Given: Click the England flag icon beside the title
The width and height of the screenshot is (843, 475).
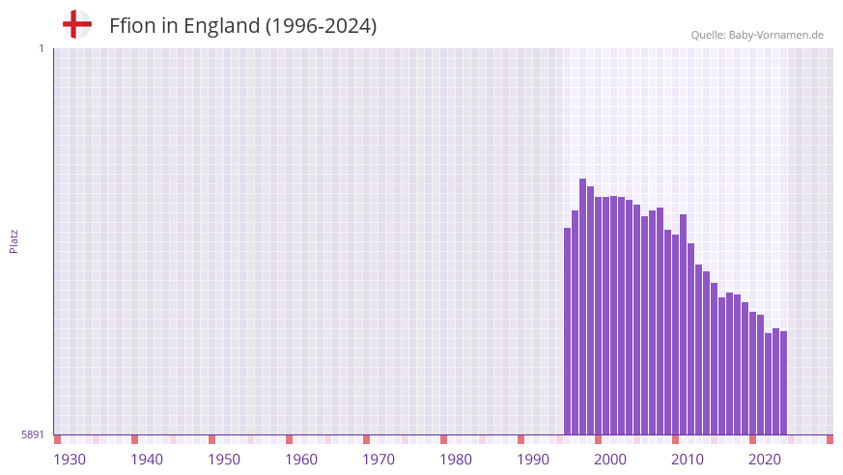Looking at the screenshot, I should click(77, 25).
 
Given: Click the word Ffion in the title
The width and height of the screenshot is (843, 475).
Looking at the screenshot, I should click(132, 26).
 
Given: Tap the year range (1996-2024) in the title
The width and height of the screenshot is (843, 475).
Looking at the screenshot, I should click(321, 26).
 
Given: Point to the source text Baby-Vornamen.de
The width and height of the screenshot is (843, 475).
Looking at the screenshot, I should click(775, 35).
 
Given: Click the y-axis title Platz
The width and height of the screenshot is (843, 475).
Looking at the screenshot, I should click(14, 241).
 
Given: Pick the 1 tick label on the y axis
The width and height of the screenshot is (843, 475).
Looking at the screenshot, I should click(41, 48).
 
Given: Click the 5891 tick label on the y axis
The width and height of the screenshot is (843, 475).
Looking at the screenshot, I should click(32, 434).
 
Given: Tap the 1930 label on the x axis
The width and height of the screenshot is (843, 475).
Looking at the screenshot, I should click(70, 459).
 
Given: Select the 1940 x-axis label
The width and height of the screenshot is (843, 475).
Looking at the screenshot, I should click(147, 459).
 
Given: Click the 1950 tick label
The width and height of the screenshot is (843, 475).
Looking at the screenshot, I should click(224, 459).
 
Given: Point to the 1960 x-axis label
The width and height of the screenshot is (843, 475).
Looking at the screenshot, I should click(301, 459).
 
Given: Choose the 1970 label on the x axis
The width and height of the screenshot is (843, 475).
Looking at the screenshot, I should click(379, 459).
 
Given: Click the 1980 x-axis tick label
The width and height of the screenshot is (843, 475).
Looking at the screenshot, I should click(456, 459).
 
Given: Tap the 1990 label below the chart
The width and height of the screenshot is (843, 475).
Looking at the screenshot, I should click(533, 459).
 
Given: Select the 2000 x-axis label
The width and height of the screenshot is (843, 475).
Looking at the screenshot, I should click(610, 459).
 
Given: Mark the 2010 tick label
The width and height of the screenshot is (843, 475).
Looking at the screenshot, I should click(688, 459).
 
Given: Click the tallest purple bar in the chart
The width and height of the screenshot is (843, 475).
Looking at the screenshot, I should click(583, 307).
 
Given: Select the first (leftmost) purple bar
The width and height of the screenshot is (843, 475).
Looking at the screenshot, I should click(568, 331).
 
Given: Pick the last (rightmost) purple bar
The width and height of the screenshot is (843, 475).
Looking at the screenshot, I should click(784, 383).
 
